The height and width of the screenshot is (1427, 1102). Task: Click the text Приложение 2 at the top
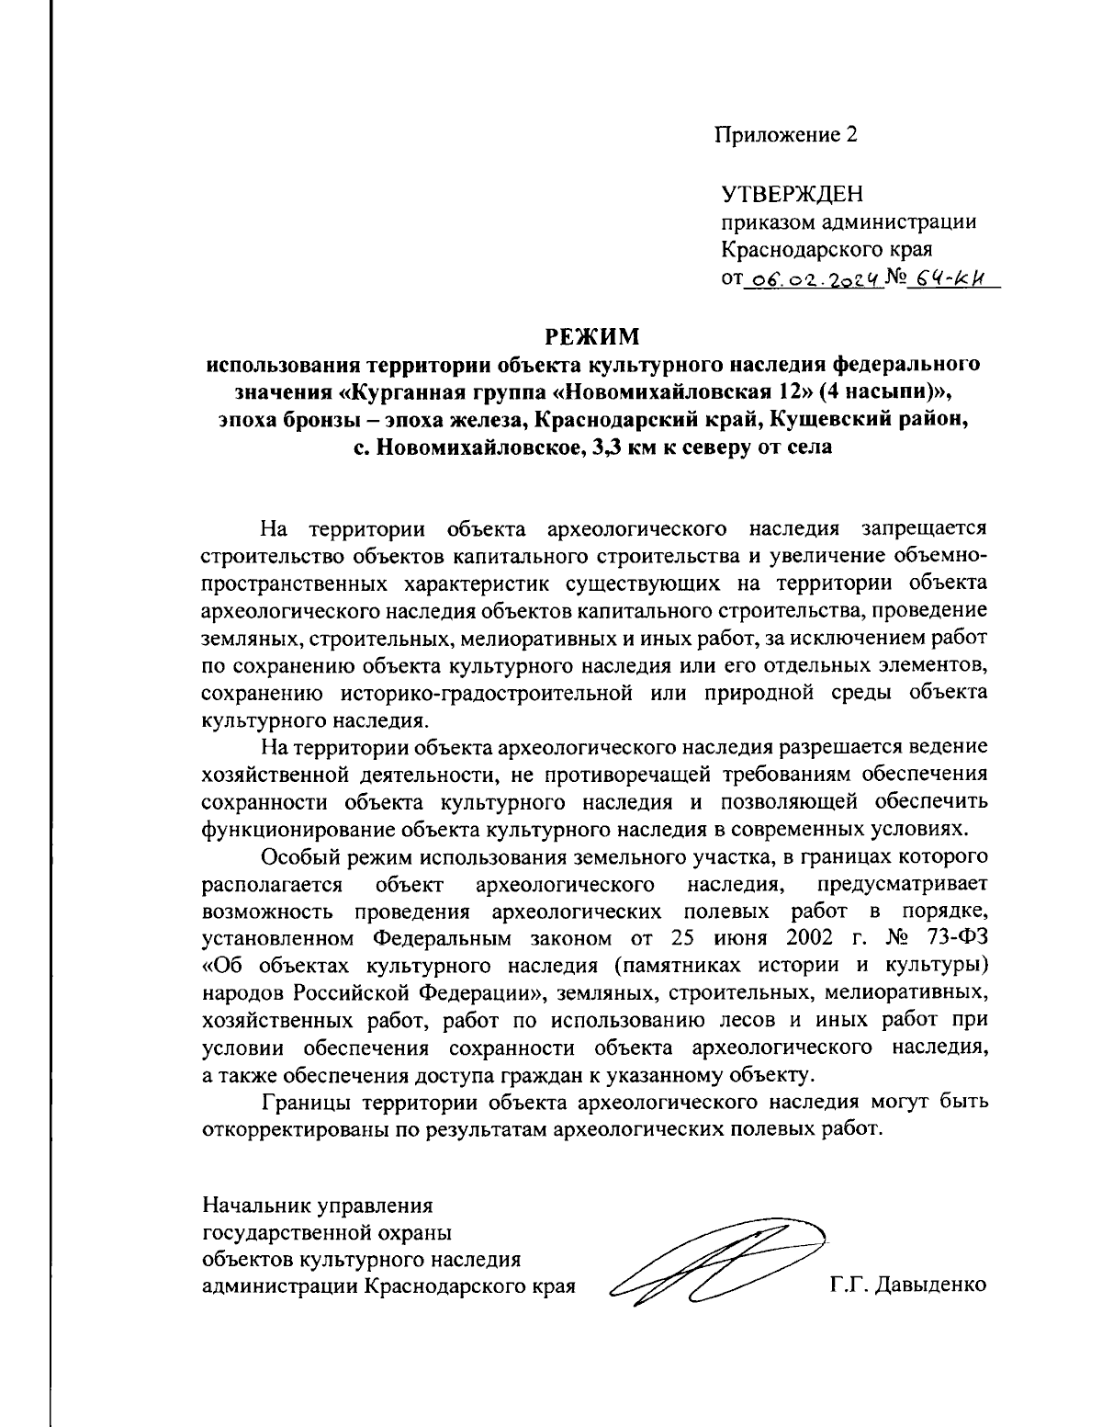coord(788,136)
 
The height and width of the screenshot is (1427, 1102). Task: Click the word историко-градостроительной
coord(490,691)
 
